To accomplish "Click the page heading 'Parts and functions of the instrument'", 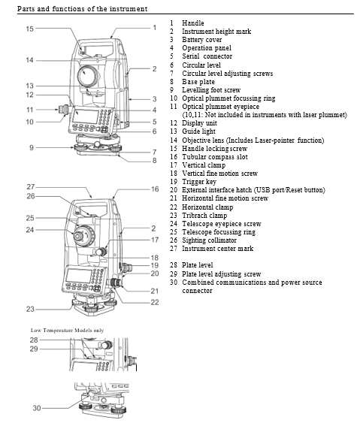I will tap(83, 8).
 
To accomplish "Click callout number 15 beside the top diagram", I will tap(29, 29).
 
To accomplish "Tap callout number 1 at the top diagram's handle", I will tap(153, 28).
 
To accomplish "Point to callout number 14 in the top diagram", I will tap(29, 59).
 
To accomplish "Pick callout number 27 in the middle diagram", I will tap(31, 186).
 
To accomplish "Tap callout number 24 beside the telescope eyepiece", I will tap(31, 229).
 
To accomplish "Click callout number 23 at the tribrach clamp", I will tap(31, 309).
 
